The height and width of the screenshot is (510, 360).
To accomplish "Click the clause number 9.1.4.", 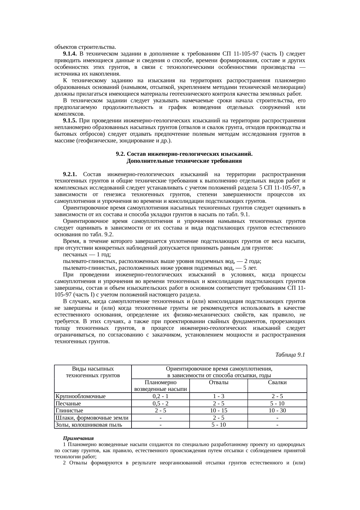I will pos(70,54).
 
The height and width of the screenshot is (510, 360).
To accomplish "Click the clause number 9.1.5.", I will pos(70,121).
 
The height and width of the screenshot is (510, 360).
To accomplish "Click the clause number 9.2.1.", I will pos(70,174).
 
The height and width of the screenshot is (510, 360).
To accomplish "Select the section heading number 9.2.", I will pos(120,154).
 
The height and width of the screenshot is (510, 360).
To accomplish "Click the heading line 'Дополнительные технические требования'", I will pos(184,161).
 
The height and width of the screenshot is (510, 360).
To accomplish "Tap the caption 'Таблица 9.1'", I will pos(290,355).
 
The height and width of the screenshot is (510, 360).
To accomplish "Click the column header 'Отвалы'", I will pos(218,382).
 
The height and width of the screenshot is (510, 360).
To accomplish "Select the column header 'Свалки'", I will pos(277,382).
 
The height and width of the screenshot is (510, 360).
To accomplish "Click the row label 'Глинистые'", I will pos(69,411).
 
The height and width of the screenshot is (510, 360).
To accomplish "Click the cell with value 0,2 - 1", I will pos(160,396).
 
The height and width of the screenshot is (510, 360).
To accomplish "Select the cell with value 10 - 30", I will pos(277,411).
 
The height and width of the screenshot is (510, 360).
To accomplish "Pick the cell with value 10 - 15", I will pos(218,411).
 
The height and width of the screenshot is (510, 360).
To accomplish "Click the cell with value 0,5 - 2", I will pos(160,403).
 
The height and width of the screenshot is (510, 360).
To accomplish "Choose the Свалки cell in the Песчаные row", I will pos(277,403).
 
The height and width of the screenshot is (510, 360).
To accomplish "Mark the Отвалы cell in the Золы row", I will pos(218,425).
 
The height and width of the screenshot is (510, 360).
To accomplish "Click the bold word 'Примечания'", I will pos(78,438).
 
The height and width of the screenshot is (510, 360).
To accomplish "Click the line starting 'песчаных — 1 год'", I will pos(87,255).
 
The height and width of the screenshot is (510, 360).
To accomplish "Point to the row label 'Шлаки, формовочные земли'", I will pos(92,418).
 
